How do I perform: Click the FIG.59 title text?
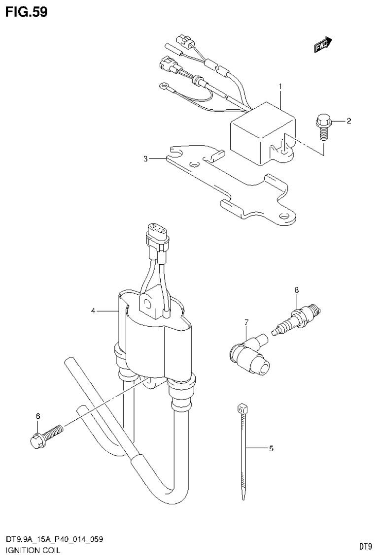pos(27,12)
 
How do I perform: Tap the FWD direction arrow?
pos(323,45)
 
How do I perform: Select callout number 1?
pos(280,87)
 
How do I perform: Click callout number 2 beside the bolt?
pos(348,121)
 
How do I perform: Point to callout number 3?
pos(145,158)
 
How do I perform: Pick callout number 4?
pos(93,311)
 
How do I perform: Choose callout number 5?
pos(271,448)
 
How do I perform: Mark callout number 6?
pos(37,416)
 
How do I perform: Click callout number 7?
pos(247,322)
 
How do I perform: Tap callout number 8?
pos(297,290)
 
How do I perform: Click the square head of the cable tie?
pos(241,407)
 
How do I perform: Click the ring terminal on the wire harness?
pos(161,87)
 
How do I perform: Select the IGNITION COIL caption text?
pos(32,550)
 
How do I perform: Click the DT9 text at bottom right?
pos(365,546)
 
